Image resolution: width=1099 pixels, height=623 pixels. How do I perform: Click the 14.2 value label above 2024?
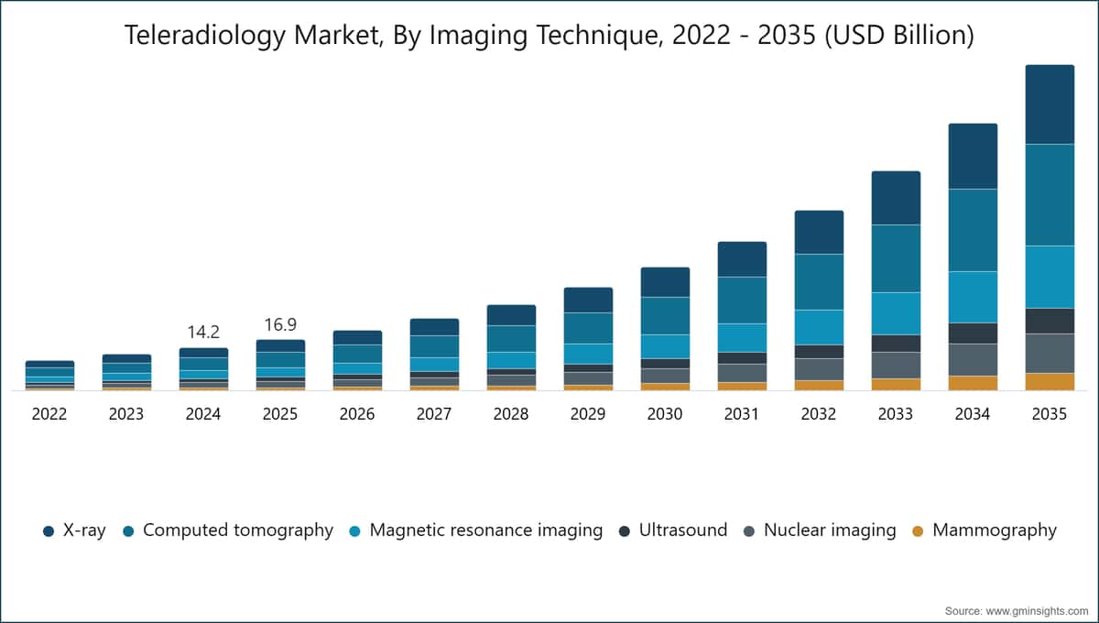pyautogui.click(x=203, y=333)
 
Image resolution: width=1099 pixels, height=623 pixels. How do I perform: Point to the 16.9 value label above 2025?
pyautogui.click(x=280, y=324)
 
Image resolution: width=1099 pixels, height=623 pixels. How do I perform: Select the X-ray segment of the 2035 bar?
pyautogui.click(x=1050, y=104)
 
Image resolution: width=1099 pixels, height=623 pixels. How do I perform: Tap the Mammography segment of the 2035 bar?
pyautogui.click(x=1050, y=382)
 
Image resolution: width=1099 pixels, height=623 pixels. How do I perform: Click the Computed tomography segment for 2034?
pyautogui.click(x=973, y=230)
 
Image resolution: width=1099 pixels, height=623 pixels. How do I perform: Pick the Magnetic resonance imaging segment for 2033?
pyautogui.click(x=896, y=313)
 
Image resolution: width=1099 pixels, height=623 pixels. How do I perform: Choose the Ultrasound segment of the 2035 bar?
pyautogui.click(x=1050, y=321)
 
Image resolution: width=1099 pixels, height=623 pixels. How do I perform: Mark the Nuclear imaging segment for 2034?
pyautogui.click(x=973, y=360)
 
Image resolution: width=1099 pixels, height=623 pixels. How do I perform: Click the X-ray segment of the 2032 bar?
pyautogui.click(x=819, y=232)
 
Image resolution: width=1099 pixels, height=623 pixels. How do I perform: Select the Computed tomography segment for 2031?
pyautogui.click(x=742, y=300)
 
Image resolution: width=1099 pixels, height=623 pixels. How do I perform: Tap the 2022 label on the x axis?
pyautogui.click(x=49, y=414)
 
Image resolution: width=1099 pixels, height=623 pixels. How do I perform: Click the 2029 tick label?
pyautogui.click(x=588, y=414)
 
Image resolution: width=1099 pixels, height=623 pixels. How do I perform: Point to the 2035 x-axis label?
pyautogui.click(x=1050, y=414)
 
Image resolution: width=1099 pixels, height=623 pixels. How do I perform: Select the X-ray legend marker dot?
pyautogui.click(x=48, y=531)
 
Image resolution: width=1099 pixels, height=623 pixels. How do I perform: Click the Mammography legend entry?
pyautogui.click(x=985, y=530)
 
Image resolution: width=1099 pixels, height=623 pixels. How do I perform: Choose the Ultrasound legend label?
pyautogui.click(x=683, y=530)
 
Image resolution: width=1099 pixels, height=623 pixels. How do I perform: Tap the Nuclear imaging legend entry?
pyautogui.click(x=821, y=530)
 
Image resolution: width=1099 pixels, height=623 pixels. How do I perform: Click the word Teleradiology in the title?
pyautogui.click(x=204, y=36)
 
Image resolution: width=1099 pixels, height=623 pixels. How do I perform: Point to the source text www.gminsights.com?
pyautogui.click(x=1037, y=611)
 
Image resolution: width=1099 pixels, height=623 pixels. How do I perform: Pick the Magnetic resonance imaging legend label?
pyautogui.click(x=485, y=530)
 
